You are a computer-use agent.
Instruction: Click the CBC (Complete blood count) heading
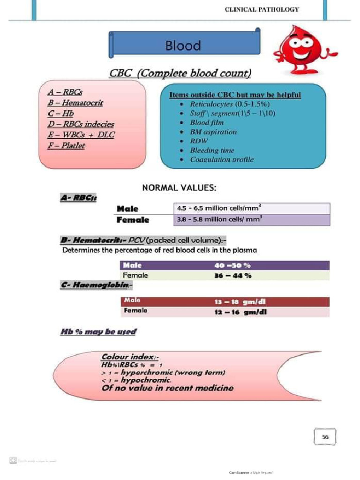point(180,74)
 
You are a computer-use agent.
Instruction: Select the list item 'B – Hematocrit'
point(75,103)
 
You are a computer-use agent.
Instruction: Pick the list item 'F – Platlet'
point(67,146)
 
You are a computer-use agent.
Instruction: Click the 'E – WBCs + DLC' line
point(81,135)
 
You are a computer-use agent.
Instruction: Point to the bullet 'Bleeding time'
point(212,150)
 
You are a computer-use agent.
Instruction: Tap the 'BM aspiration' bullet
point(213,132)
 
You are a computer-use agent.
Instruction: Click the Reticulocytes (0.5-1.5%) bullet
point(229,104)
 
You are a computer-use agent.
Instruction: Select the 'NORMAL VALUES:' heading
point(179,188)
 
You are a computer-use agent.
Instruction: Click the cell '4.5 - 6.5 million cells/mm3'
point(219,208)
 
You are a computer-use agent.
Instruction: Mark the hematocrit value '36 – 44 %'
point(233,276)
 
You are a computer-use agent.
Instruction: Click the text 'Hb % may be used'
point(98,332)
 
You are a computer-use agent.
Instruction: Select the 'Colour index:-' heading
point(130,357)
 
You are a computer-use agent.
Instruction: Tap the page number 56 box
point(325,437)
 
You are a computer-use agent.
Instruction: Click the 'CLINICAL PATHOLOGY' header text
point(262,9)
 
